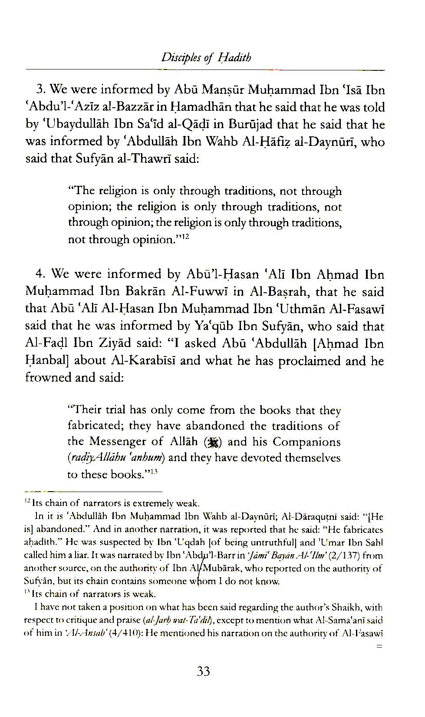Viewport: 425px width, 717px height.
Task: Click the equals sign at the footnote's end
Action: (x=379, y=647)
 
